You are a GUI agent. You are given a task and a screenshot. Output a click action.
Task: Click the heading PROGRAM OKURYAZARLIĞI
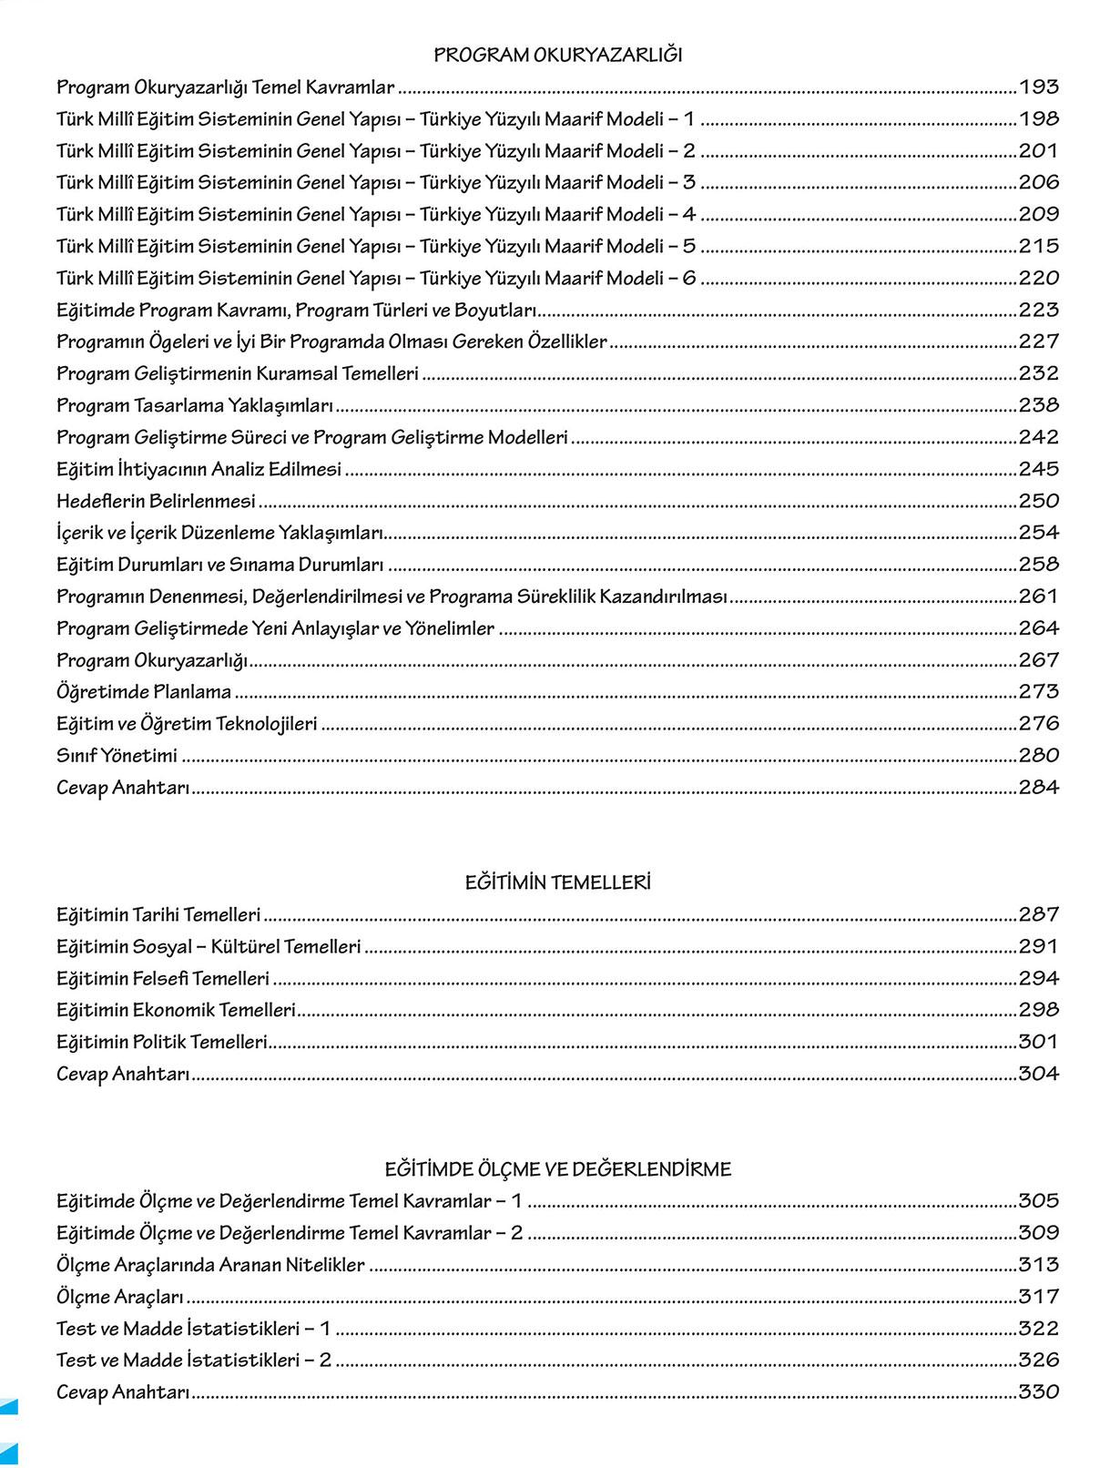pyautogui.click(x=557, y=56)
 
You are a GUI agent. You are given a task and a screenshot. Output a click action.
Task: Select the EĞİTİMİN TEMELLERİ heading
pyautogui.click(x=557, y=882)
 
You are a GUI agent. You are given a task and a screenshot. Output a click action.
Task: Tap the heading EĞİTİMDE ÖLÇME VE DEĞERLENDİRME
pyautogui.click(x=557, y=1169)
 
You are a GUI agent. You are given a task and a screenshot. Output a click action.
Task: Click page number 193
pyautogui.click(x=1038, y=87)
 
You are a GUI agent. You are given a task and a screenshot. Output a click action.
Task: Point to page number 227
pyautogui.click(x=1038, y=342)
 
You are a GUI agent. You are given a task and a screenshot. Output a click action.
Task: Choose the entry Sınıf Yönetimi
pyautogui.click(x=117, y=756)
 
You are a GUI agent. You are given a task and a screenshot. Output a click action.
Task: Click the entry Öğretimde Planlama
pyautogui.click(x=144, y=692)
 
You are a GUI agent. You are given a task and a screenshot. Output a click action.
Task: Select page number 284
pyautogui.click(x=1038, y=787)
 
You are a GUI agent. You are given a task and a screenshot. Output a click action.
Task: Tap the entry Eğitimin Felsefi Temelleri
pyautogui.click(x=163, y=979)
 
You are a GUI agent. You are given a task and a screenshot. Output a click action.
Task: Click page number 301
pyautogui.click(x=1038, y=1042)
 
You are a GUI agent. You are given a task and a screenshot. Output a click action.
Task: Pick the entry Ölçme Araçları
pyautogui.click(x=120, y=1297)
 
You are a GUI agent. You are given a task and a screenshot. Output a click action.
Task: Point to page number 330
pyautogui.click(x=1038, y=1392)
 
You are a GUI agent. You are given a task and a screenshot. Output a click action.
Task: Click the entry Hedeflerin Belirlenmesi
pyautogui.click(x=156, y=502)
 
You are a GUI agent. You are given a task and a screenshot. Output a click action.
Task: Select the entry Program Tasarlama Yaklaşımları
pyautogui.click(x=195, y=405)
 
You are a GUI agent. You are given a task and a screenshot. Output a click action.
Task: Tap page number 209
pyautogui.click(x=1038, y=214)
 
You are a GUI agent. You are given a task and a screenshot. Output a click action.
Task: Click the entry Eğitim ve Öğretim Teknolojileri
pyautogui.click(x=187, y=724)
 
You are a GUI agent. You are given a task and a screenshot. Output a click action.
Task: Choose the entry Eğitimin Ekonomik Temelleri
pyautogui.click(x=177, y=1010)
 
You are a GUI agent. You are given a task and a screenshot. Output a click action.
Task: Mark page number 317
pyautogui.click(x=1038, y=1296)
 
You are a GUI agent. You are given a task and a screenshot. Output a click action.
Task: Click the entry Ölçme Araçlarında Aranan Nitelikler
pyautogui.click(x=210, y=1265)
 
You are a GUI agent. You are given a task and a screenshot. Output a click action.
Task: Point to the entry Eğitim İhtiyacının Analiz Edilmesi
pyautogui.click(x=199, y=469)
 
